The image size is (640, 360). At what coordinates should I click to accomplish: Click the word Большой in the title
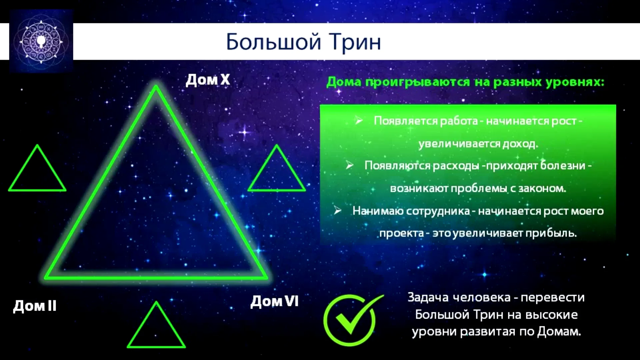pyautogui.click(x=274, y=42)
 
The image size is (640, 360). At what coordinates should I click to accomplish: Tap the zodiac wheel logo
pyautogui.click(x=41, y=41)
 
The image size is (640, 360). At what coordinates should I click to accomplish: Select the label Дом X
pyautogui.click(x=208, y=80)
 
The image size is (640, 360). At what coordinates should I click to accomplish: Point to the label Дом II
pyautogui.click(x=35, y=306)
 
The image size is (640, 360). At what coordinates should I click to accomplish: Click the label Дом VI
pyautogui.click(x=274, y=301)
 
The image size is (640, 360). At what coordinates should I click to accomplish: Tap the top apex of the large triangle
pyautogui.click(x=156, y=86)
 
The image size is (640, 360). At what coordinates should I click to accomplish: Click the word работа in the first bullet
pyautogui.click(x=459, y=121)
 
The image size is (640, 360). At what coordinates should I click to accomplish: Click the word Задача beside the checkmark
pyautogui.click(x=429, y=297)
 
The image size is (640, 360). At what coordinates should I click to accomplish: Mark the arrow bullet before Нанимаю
pyautogui.click(x=337, y=210)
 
